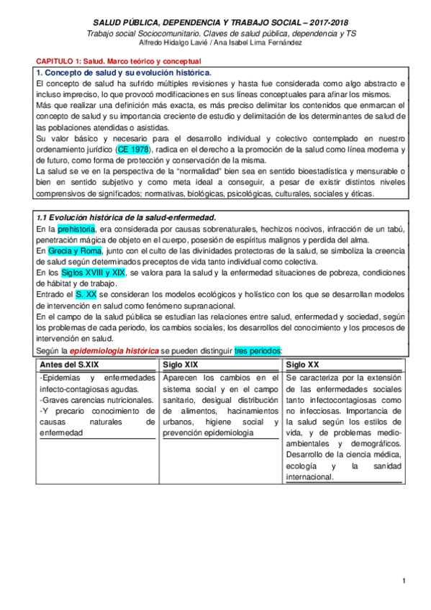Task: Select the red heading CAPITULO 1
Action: [x=119, y=62]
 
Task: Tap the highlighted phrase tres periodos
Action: [x=258, y=350]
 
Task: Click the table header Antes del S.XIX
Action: [x=72, y=365]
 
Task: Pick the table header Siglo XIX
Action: [x=183, y=365]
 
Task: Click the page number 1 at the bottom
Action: [x=404, y=581]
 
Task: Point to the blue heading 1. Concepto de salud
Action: [x=123, y=73]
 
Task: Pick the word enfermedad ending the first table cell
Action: [x=61, y=433]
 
